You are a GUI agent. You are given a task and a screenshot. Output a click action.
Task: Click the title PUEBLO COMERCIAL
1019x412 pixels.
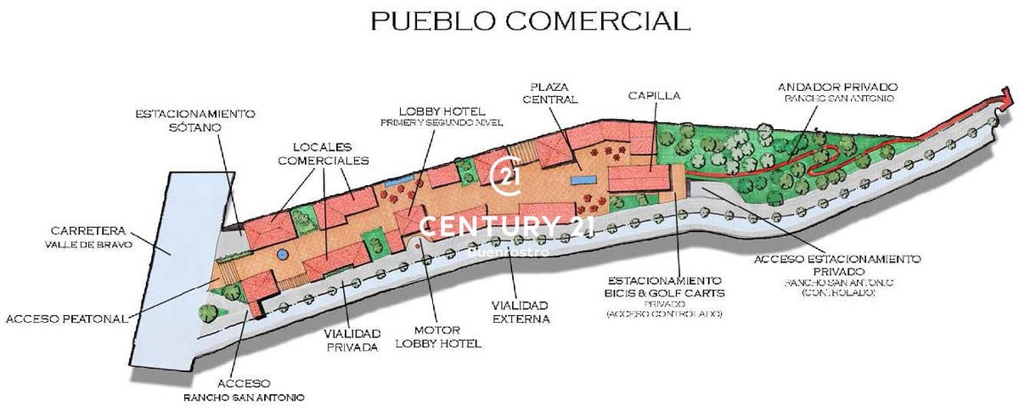click(530, 21)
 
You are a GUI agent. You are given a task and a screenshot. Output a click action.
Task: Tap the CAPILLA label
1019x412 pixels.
click(654, 95)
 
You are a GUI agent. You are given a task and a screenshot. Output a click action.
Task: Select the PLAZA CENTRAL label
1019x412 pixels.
click(555, 93)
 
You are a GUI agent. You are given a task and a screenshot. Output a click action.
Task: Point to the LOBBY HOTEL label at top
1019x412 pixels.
click(442, 111)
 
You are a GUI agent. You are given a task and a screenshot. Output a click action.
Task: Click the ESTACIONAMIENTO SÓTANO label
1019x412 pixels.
click(195, 120)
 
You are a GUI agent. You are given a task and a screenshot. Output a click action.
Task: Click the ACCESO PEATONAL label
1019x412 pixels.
click(66, 319)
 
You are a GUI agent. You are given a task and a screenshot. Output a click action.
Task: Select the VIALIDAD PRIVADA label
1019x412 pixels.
click(351, 340)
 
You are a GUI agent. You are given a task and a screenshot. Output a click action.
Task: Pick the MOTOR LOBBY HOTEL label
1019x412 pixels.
click(438, 337)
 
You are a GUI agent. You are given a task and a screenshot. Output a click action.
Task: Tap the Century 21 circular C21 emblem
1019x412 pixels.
click(509, 174)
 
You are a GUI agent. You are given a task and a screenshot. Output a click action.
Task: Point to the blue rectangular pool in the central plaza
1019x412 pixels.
click(582, 180)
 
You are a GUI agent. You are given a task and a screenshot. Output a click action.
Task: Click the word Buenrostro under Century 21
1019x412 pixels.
click(509, 251)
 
